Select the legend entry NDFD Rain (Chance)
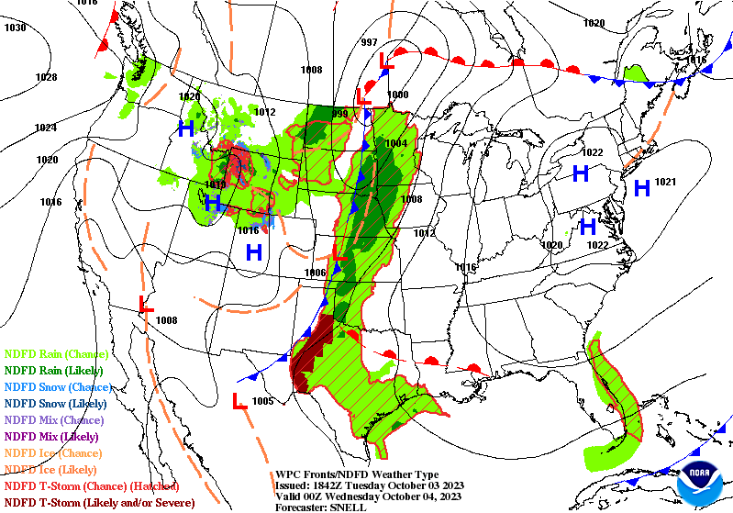57,353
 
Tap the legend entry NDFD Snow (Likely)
56,403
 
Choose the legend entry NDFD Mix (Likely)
52,436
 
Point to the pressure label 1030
15,28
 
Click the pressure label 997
369,43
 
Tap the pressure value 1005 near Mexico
262,401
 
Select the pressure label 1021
665,183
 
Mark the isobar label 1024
46,128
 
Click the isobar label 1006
315,273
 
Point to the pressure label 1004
395,144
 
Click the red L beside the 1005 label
237,401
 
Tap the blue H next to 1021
641,188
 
